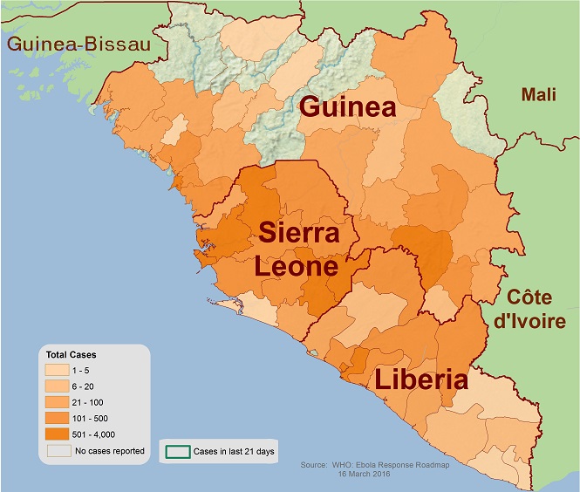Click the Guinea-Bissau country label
pyautogui.click(x=77, y=44)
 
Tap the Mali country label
pyautogui.click(x=539, y=94)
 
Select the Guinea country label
pyautogui.click(x=348, y=108)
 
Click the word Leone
pyautogui.click(x=297, y=266)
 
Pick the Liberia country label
pyautogui.click(x=421, y=380)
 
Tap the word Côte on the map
pyautogui.click(x=529, y=297)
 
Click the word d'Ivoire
pyautogui.click(x=530, y=320)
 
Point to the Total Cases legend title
pyautogui.click(x=71, y=355)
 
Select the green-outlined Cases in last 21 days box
pyautogui.click(x=178, y=453)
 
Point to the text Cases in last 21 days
pyautogui.click(x=232, y=453)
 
